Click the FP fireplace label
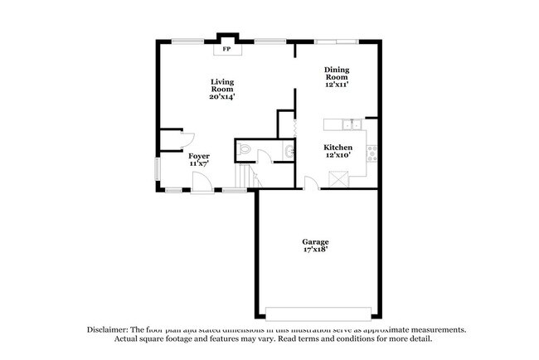(226, 49)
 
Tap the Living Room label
(221, 85)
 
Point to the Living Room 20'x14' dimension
(221, 97)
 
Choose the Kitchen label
(337, 147)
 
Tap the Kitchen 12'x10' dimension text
(337, 156)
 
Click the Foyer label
(199, 156)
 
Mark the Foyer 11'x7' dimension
(199, 164)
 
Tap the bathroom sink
(288, 152)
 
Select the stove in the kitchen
(371, 152)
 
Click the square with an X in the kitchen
(338, 178)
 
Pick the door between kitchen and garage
(309, 183)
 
